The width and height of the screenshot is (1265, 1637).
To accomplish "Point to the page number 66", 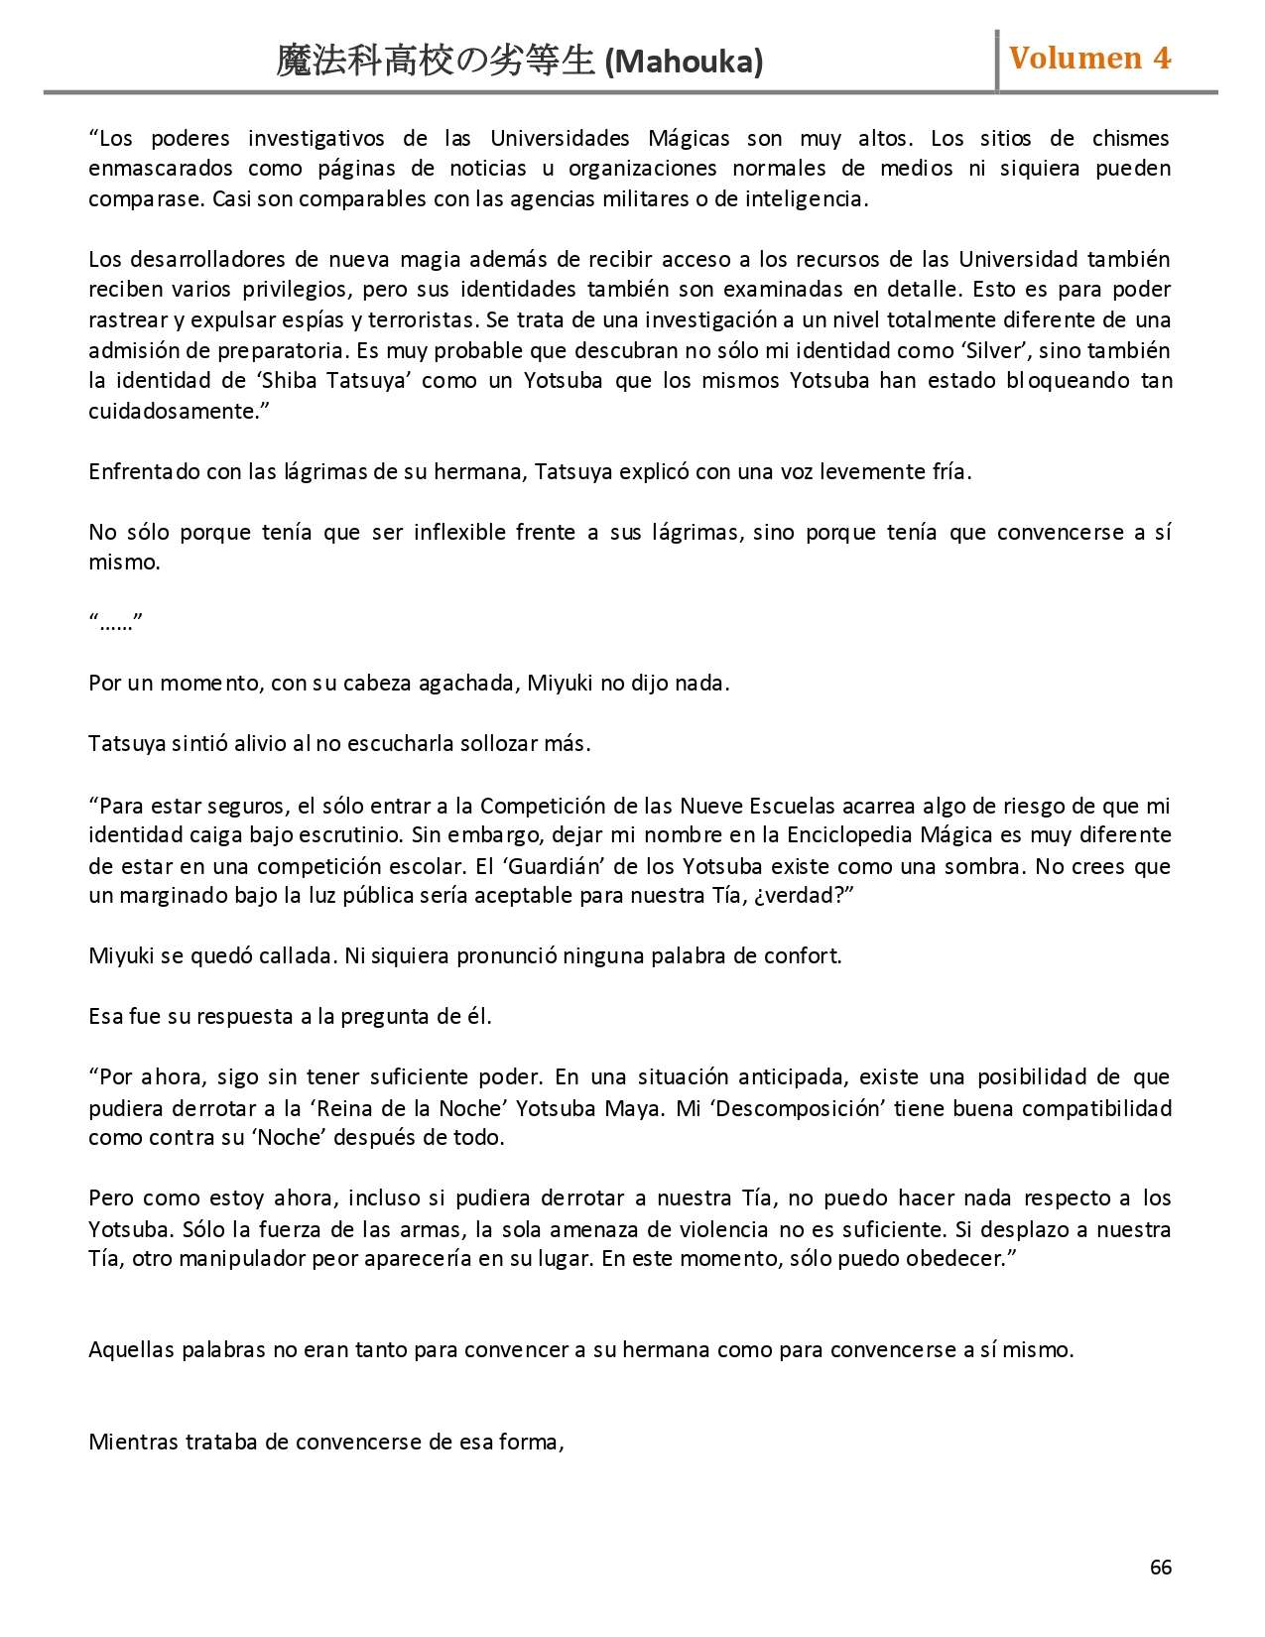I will point(1160,1567).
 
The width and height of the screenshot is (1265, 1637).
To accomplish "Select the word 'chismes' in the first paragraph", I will point(1130,139).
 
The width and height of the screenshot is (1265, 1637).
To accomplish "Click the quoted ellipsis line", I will point(116,623).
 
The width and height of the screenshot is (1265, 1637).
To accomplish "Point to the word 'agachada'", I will point(466,684).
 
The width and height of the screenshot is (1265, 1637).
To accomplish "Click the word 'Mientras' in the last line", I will point(133,1442).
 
